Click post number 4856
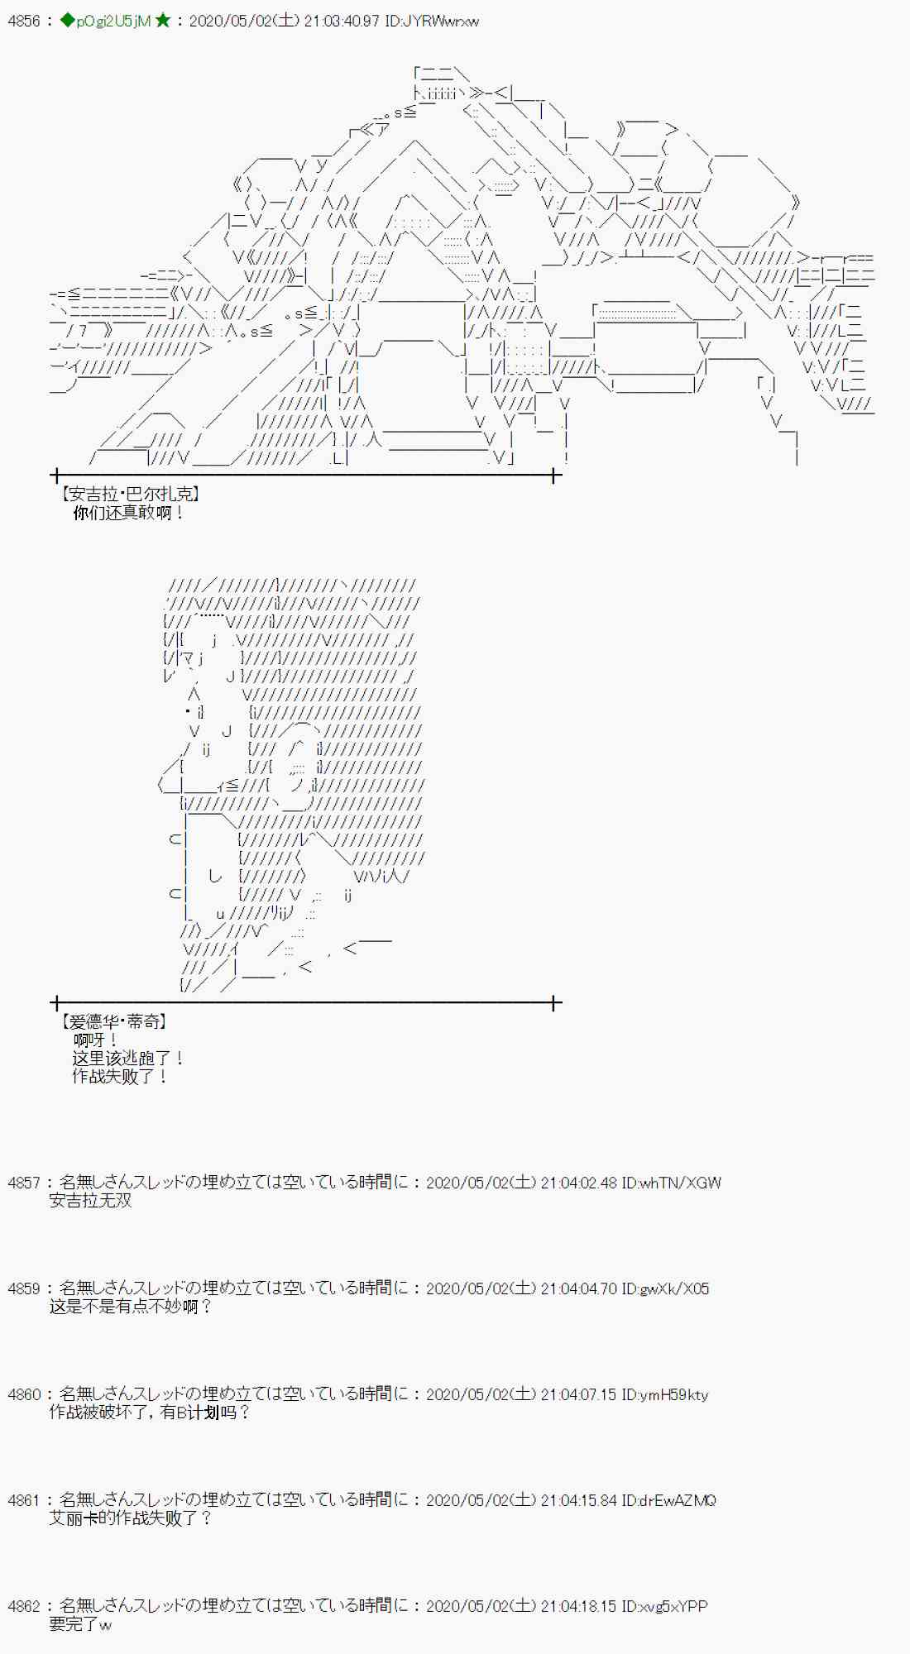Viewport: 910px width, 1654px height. coord(24,21)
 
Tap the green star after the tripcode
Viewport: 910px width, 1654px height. coord(163,21)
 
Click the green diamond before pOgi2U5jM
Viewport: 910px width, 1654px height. coord(68,21)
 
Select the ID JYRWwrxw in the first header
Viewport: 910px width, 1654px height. coord(432,21)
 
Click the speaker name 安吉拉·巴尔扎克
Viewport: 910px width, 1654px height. coord(131,494)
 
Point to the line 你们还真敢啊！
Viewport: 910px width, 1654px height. coord(128,513)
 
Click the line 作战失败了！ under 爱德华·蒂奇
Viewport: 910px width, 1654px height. coord(120,1076)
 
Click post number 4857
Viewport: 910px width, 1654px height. coord(24,1183)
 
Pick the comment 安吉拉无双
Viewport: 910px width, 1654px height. coord(90,1201)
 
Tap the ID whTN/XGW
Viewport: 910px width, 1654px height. coord(672,1183)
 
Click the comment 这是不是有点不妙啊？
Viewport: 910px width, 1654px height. coord(130,1307)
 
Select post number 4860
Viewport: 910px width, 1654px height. coord(24,1394)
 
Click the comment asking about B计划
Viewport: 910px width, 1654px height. coord(149,1413)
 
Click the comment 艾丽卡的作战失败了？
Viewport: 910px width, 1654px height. coord(130,1518)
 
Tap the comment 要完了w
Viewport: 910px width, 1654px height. coord(80,1624)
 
